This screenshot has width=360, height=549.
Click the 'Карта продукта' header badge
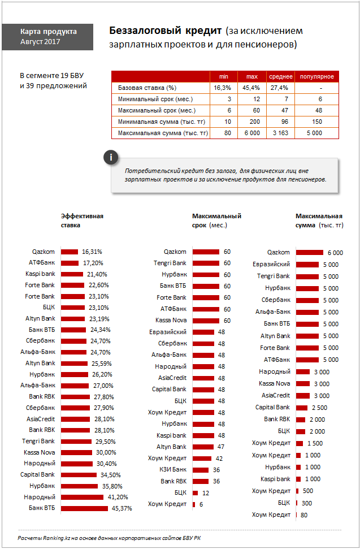[x=47, y=37]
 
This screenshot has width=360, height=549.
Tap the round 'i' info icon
[x=111, y=158]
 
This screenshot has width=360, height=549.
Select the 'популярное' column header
[x=317, y=77]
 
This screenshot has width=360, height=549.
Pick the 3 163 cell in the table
[x=281, y=133]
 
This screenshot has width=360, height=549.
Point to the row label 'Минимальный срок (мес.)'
[x=155, y=99]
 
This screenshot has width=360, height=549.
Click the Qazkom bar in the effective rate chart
[x=70, y=252]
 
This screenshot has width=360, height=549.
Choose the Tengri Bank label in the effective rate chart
[x=38, y=441]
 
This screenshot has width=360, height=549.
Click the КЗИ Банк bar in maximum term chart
[x=201, y=470]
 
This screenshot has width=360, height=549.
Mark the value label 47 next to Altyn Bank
[x=221, y=447]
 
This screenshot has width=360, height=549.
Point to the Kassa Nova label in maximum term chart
[x=171, y=321]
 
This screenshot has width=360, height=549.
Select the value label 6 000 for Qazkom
[x=335, y=253]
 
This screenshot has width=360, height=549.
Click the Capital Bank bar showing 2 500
[x=302, y=408]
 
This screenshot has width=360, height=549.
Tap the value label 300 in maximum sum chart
[x=306, y=503]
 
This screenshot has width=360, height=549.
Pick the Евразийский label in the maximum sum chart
[x=271, y=265]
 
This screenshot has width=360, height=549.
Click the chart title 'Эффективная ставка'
[x=82, y=221]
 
